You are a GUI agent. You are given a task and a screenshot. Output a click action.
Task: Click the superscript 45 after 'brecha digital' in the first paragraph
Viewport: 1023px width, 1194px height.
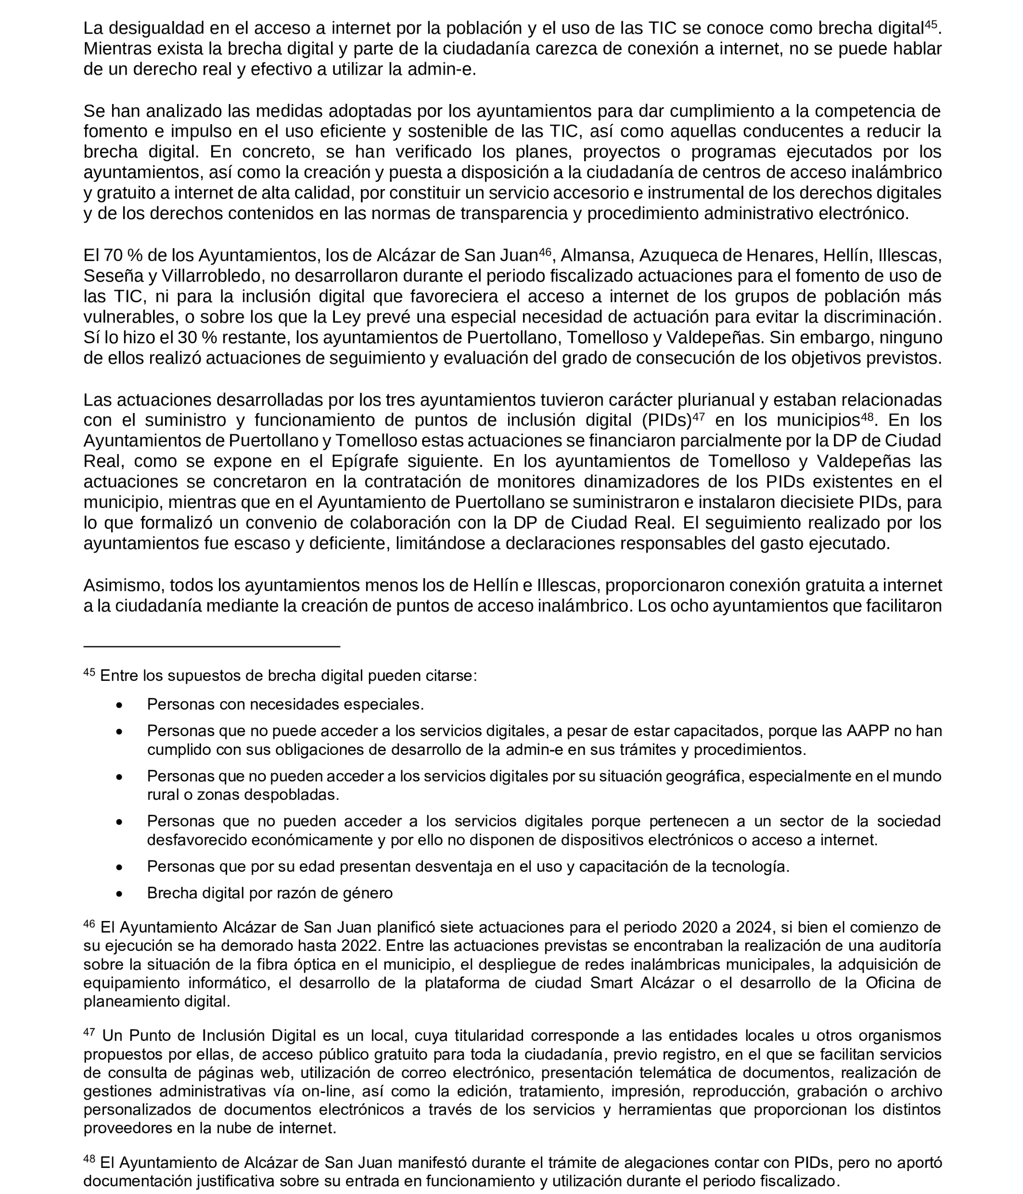(930, 24)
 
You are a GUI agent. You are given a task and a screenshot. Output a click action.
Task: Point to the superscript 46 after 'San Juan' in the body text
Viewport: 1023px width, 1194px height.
(545, 252)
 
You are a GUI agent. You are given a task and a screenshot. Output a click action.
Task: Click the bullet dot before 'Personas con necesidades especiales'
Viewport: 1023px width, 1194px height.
(119, 705)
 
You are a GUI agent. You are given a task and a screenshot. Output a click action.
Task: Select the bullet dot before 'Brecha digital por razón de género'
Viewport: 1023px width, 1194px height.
(119, 894)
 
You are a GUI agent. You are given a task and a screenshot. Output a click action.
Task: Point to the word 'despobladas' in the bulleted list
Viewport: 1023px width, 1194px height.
(291, 795)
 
